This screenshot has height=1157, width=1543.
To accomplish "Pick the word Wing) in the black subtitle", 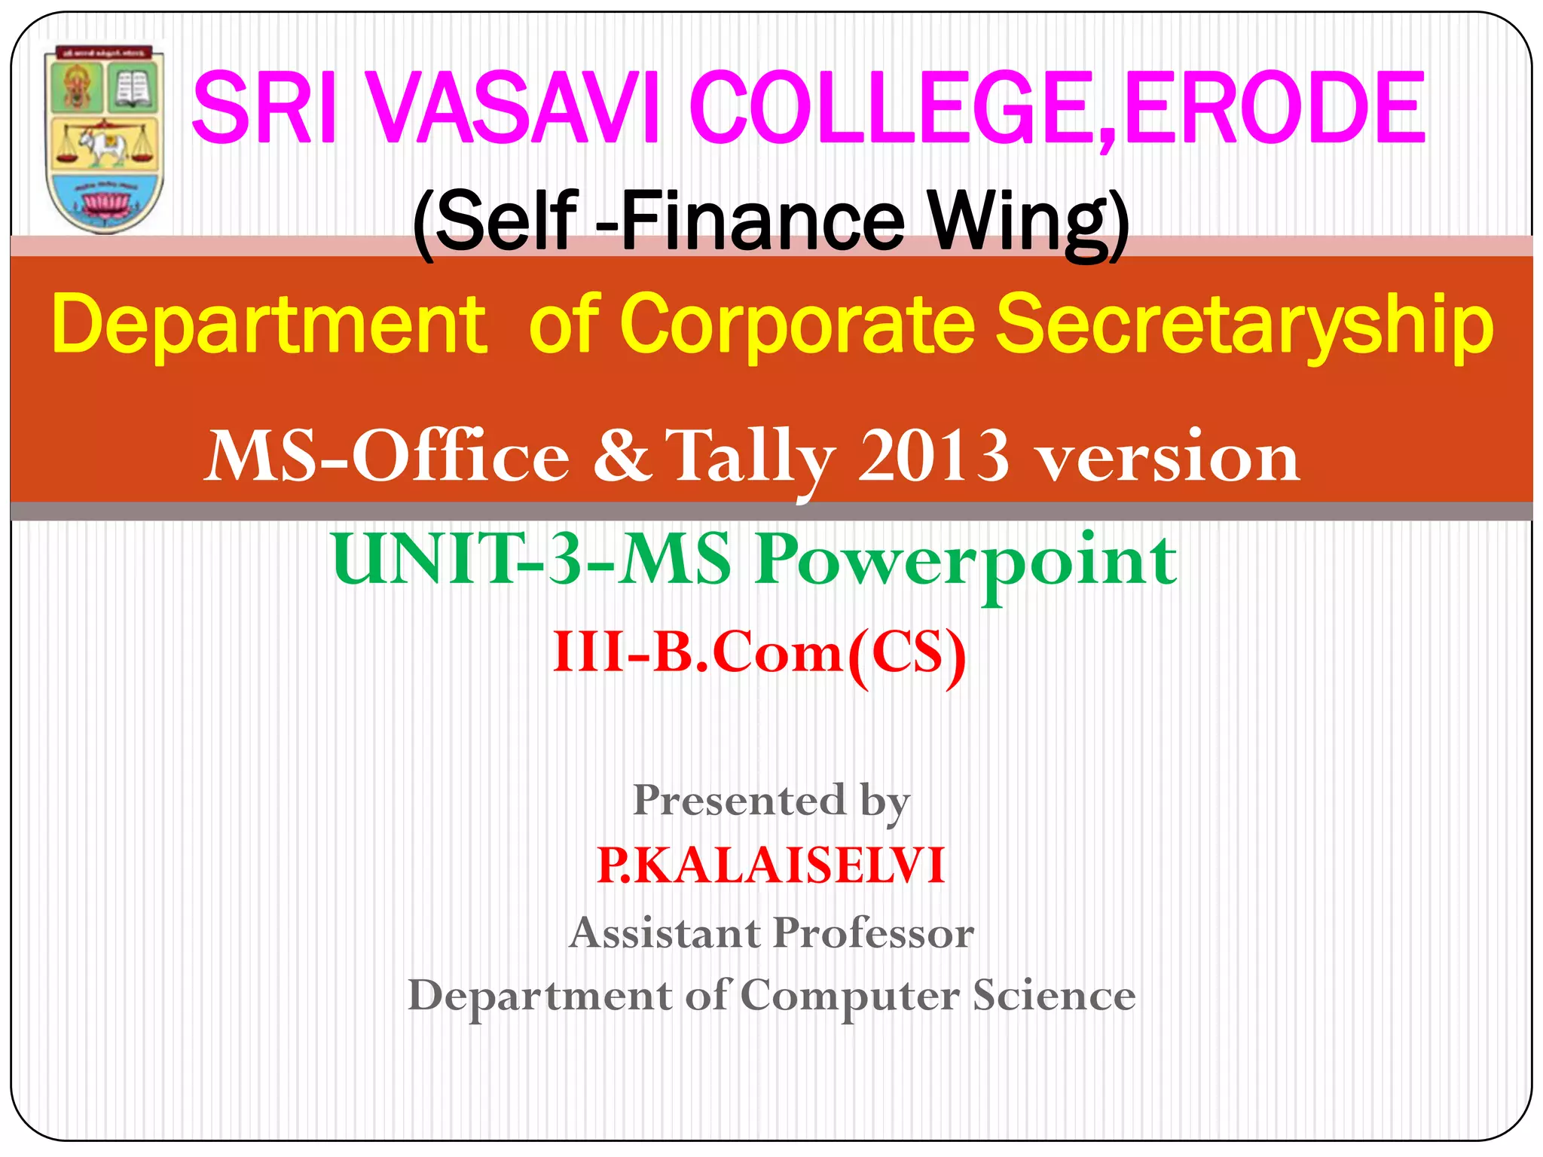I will pyautogui.click(x=1028, y=222).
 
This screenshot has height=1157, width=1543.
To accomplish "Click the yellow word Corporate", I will pyautogui.click(x=799, y=325).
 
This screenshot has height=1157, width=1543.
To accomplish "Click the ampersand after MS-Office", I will pyautogui.click(x=622, y=456).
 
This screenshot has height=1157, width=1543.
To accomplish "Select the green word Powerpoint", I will pyautogui.click(x=966, y=561).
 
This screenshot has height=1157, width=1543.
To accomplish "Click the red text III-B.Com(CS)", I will pyautogui.click(x=759, y=652).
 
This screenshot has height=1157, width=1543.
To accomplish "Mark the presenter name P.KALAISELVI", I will pyautogui.click(x=771, y=865).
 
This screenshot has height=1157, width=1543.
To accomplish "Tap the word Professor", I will pyautogui.click(x=873, y=933).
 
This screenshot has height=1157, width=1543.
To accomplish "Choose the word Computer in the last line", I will pyautogui.click(x=850, y=996).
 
